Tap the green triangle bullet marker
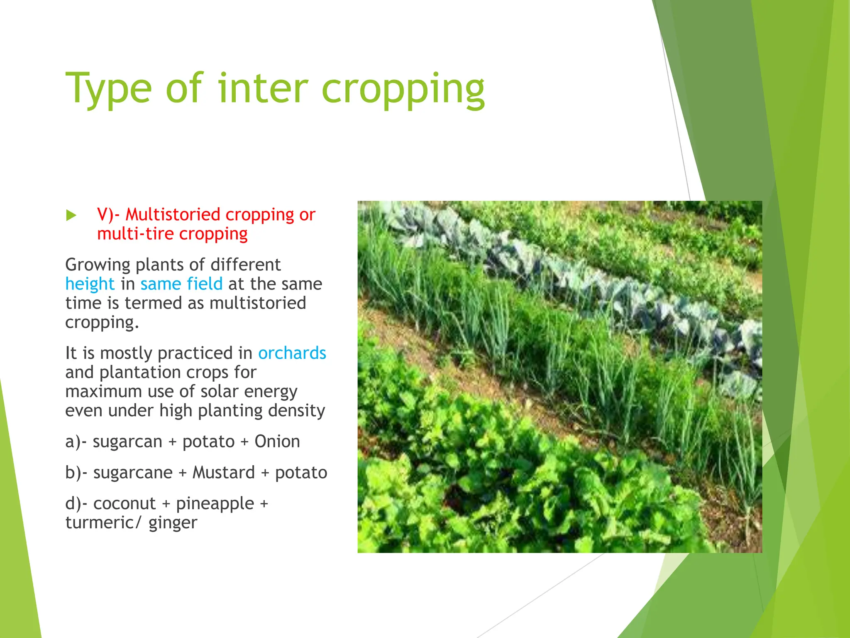71,215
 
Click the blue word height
90,284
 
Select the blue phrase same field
181,284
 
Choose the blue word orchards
292,353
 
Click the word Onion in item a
277,442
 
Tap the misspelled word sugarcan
127,442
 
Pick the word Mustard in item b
224,473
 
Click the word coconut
125,503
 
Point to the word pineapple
215,503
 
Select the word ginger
173,523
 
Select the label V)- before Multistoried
108,215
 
